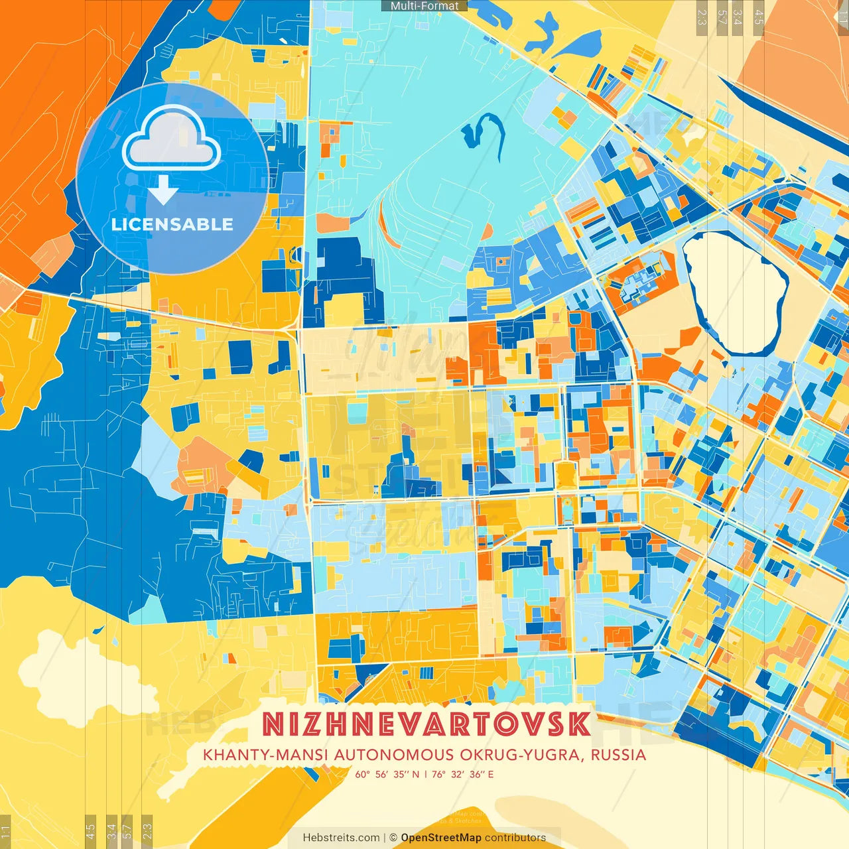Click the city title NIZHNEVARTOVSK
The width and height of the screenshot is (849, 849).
426,724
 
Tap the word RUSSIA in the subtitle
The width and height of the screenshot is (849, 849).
618,755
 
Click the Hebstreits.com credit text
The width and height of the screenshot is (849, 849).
341,838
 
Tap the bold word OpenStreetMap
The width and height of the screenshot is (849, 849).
441,838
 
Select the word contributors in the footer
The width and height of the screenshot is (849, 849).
515,838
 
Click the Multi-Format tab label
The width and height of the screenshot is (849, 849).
424,6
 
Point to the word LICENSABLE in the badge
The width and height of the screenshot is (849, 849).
172,224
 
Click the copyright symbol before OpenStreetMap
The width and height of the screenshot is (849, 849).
393,838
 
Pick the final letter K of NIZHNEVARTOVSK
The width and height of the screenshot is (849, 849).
578,724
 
